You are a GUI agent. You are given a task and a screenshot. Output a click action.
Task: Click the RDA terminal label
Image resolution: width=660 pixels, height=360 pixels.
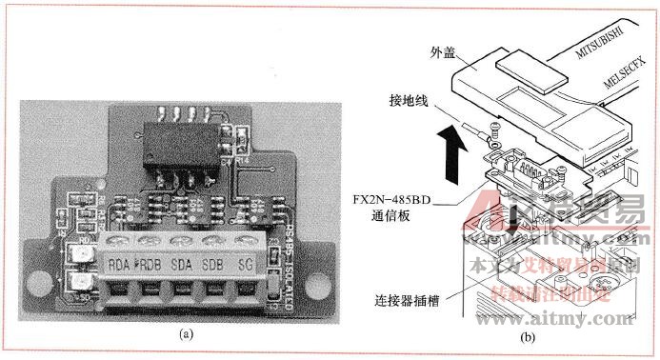tap(120, 264)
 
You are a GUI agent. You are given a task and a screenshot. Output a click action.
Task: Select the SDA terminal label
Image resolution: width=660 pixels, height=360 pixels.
tap(182, 264)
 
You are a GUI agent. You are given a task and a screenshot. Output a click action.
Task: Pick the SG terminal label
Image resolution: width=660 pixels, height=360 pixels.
tap(246, 264)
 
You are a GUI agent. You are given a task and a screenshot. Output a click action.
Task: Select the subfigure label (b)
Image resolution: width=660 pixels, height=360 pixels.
tap(529, 335)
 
